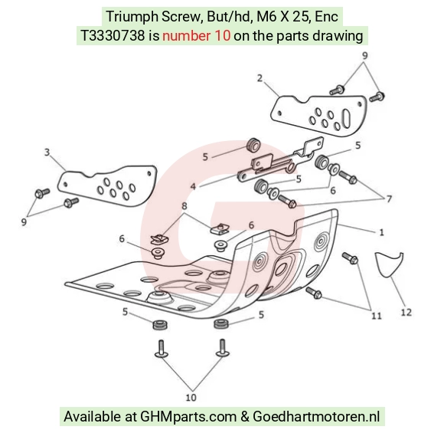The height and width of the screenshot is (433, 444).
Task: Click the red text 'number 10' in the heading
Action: coord(196,36)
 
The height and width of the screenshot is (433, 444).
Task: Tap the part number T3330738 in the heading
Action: coord(113,36)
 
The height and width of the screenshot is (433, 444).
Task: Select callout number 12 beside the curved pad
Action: coord(406,312)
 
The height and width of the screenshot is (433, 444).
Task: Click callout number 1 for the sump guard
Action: coord(381,232)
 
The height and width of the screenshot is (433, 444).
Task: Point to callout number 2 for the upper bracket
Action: coord(260,78)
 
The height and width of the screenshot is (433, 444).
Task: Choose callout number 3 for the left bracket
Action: coord(47,153)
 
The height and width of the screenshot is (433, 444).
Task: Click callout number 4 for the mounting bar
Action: coord(193,186)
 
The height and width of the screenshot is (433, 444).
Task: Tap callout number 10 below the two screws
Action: coord(191,398)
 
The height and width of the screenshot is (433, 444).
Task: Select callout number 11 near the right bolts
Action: coord(377,316)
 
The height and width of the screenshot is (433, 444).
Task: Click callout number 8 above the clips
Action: coord(184,205)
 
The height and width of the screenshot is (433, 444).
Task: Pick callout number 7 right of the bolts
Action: coord(390,199)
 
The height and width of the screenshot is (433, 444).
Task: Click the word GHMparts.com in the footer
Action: coord(188,417)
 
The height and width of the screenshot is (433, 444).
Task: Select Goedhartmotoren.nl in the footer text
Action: coord(316,417)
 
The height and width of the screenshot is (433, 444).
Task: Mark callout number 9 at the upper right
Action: coord(364,55)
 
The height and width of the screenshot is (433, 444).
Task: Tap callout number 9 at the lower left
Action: coord(24,221)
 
